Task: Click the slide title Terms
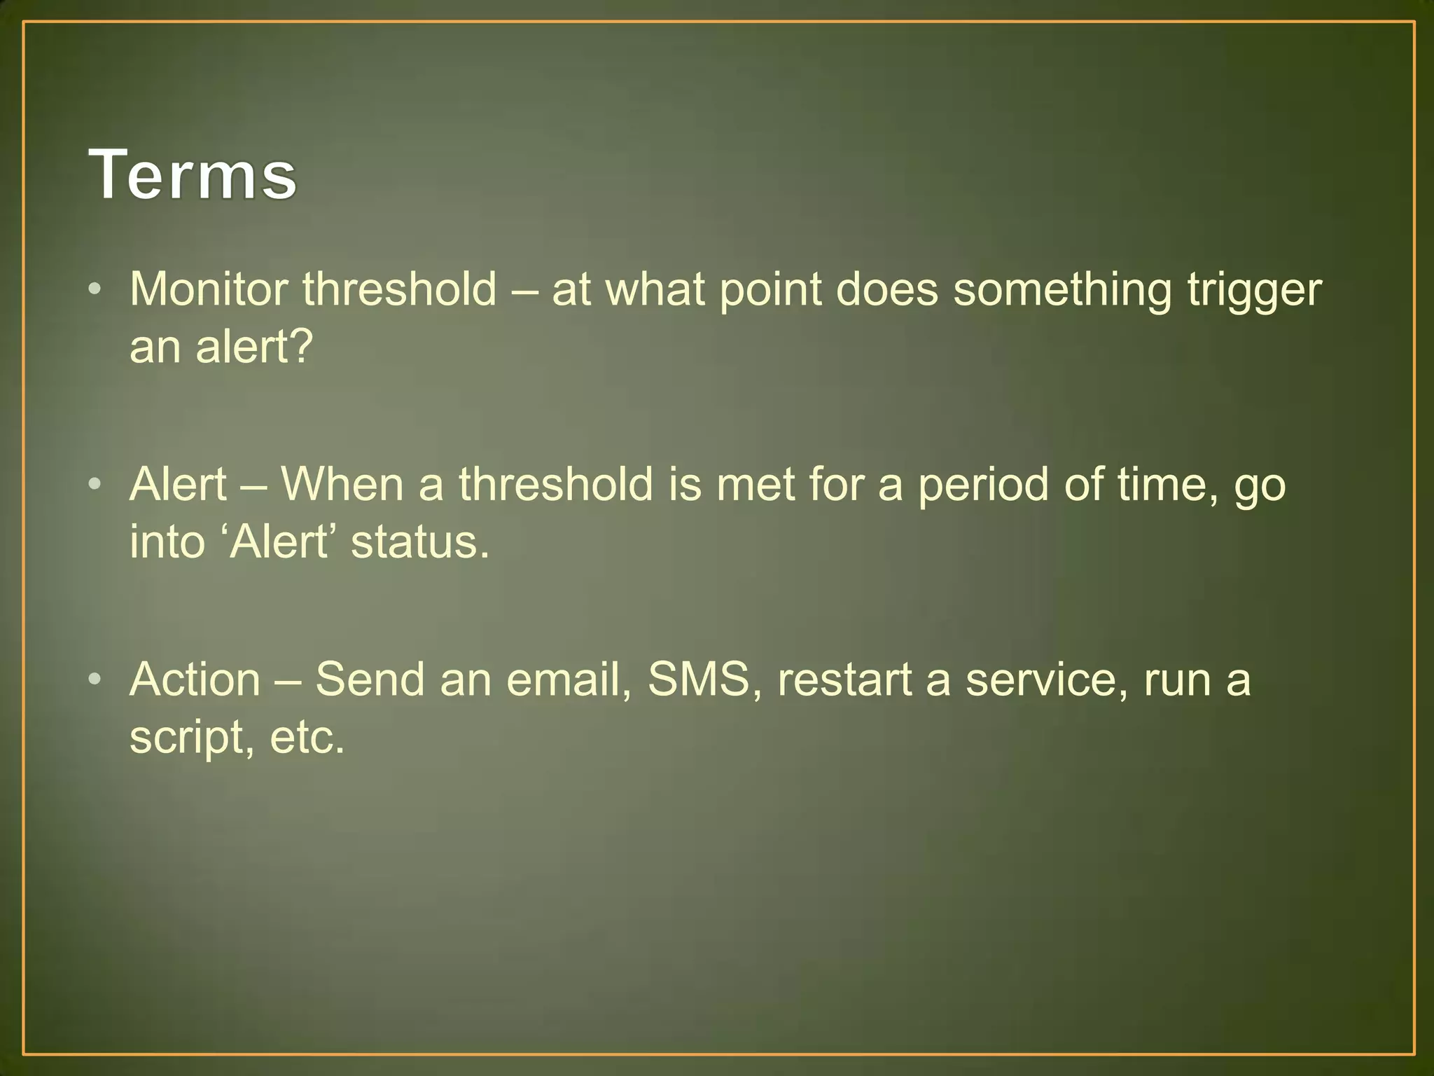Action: click(x=193, y=174)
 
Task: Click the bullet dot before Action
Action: click(x=96, y=679)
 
